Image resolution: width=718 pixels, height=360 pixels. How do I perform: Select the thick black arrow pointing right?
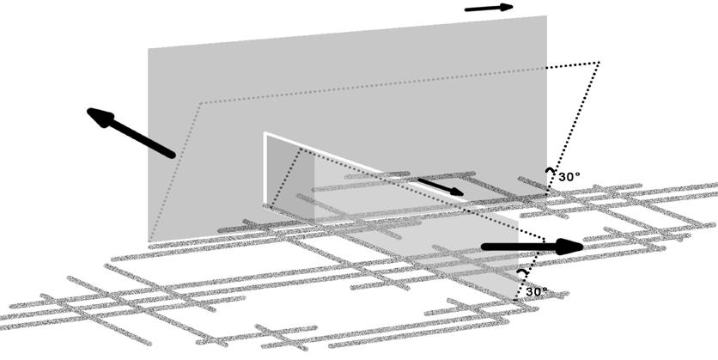click(x=532, y=247)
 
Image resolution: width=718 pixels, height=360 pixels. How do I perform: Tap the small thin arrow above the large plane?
click(x=489, y=8)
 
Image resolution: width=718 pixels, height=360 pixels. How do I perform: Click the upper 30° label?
click(x=569, y=176)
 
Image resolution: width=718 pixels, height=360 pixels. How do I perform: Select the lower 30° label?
click(x=536, y=291)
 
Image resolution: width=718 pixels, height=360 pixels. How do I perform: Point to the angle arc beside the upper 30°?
click(x=548, y=173)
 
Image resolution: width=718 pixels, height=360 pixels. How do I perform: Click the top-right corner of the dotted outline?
click(x=598, y=63)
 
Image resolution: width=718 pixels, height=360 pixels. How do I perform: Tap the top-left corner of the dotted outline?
click(x=200, y=103)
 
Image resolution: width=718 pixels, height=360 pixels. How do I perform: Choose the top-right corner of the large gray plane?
click(x=546, y=16)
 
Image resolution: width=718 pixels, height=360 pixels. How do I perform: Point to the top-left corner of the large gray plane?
click(x=149, y=48)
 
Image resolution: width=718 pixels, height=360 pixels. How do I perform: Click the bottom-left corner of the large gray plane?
click(x=149, y=243)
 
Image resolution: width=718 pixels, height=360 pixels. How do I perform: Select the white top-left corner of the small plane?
click(x=265, y=133)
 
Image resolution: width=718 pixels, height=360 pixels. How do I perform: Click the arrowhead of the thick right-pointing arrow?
click(x=569, y=247)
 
